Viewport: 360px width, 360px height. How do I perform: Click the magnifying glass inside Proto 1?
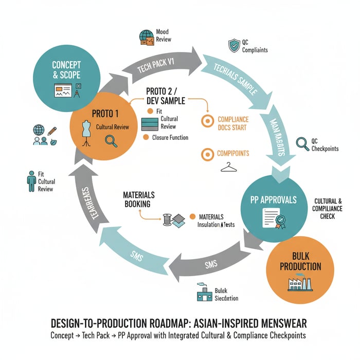pos(111,140)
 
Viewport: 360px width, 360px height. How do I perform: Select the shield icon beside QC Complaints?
pos(235,46)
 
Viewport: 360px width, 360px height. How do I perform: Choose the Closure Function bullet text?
pos(170,137)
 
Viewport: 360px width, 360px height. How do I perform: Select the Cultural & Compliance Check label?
pos(323,208)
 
